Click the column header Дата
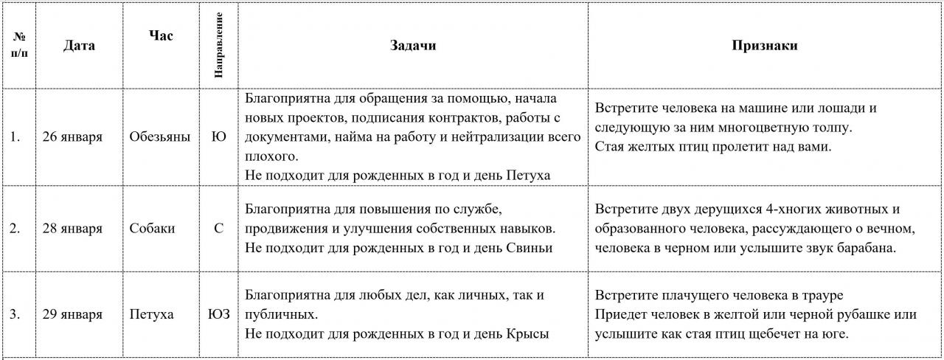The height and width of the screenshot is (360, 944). [x=79, y=46]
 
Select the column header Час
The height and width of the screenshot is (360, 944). [x=161, y=35]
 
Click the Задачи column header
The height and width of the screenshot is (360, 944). [x=413, y=46]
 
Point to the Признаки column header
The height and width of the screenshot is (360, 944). [x=764, y=46]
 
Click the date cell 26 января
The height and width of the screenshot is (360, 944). [x=72, y=137]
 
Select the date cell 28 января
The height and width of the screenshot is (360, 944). [x=72, y=229]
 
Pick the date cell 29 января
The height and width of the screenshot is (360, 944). [x=72, y=315]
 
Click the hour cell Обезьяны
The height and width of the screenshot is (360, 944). [x=159, y=137]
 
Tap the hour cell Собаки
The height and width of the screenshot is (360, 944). [x=152, y=229]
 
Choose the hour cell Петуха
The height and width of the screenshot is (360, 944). [x=151, y=315]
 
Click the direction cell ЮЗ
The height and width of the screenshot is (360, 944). [x=219, y=315]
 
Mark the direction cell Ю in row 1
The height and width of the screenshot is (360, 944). [x=219, y=137]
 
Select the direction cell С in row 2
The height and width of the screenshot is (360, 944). [x=219, y=229]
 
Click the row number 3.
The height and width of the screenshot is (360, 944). [x=15, y=315]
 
